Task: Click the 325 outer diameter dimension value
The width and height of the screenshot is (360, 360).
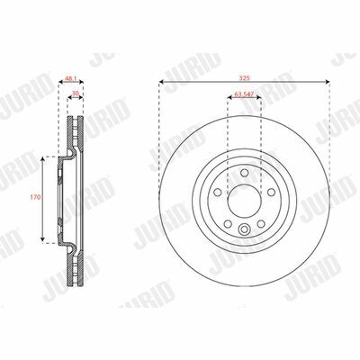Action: coord(245,78)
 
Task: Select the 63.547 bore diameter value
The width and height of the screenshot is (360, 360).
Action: coord(244,94)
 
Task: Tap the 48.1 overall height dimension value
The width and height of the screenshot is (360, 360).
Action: coord(71,78)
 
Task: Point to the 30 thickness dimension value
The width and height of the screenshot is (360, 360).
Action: coord(76,94)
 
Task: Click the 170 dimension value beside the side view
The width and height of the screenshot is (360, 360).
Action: coord(35,197)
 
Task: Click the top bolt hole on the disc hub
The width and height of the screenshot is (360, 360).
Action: coord(245,173)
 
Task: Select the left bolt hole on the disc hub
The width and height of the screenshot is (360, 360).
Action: coord(218,192)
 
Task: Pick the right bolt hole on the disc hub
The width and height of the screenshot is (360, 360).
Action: coord(271,192)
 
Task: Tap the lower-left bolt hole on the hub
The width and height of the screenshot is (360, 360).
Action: coord(228,223)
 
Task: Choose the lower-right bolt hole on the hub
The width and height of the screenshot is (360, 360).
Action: coord(261,223)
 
